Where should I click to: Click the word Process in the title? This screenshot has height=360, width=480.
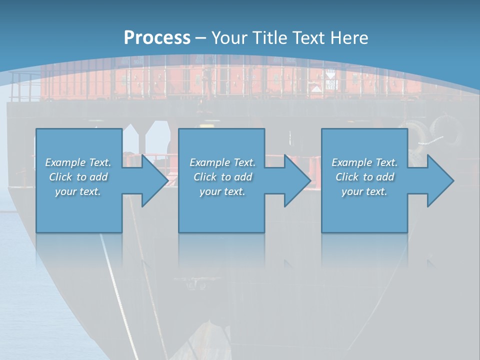point(157,38)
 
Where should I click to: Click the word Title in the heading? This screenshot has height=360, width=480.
point(270,38)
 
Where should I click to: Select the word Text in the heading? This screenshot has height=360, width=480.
point(309,38)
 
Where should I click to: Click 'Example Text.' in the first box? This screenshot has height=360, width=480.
point(78,162)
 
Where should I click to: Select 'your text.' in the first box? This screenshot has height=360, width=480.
point(78,191)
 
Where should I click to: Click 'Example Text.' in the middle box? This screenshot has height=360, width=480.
point(222,162)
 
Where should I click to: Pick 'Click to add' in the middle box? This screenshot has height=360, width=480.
point(222,177)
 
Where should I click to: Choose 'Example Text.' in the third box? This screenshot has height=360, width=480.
point(364,162)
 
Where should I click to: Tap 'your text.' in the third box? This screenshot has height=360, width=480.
point(364,191)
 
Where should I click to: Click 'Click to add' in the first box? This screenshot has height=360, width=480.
point(78,177)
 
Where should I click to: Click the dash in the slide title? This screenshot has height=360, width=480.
point(201,38)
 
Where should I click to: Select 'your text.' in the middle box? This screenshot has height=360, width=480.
point(222,191)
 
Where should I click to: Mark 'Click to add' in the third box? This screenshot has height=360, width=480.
point(364,177)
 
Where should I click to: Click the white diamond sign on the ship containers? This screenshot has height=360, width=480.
point(316,90)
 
